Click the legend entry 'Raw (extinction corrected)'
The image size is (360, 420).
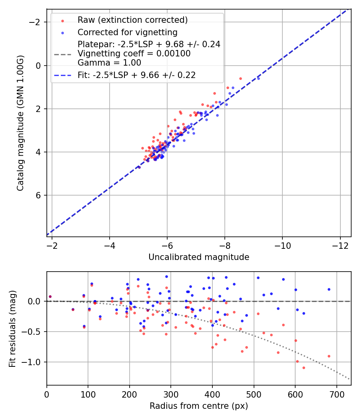pyautogui.click(x=132, y=20)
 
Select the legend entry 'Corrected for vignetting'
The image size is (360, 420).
pyautogui.click(x=127, y=32)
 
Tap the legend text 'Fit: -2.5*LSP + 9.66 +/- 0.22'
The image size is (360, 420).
pyautogui.click(x=136, y=75)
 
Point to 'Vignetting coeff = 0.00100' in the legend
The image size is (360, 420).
pyautogui.click(x=134, y=54)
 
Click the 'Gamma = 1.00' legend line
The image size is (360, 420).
pyautogui.click(x=109, y=63)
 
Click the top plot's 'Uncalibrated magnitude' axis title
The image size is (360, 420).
pyautogui.click(x=199, y=257)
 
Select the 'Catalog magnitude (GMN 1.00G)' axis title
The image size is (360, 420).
pyautogui.click(x=20, y=123)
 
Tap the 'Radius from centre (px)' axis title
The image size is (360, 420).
pyautogui.click(x=199, y=406)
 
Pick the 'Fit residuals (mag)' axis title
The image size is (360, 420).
pyautogui.click(x=12, y=328)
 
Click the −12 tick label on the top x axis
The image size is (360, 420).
pyautogui.click(x=340, y=245)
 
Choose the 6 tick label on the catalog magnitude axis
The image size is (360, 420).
pyautogui.click(x=39, y=195)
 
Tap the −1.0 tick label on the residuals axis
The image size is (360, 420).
pyautogui.click(x=33, y=362)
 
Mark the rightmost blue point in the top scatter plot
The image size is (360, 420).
pyautogui.click(x=258, y=78)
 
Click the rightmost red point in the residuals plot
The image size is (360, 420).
pyautogui.click(x=329, y=356)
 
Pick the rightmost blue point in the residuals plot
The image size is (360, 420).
pyautogui.click(x=329, y=289)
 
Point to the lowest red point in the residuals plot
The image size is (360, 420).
pyautogui.click(x=304, y=368)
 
